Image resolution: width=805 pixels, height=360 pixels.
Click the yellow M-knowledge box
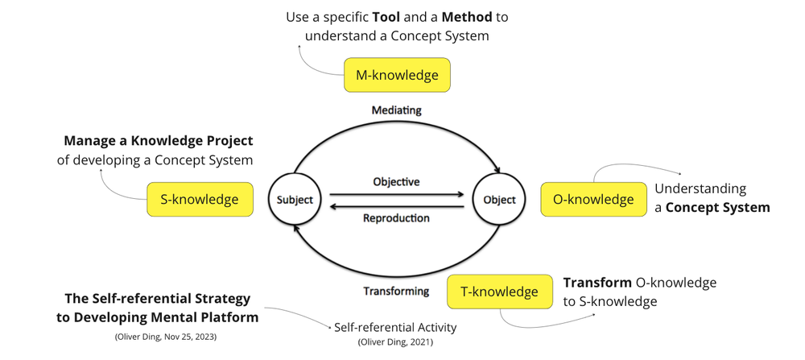coord(397,75)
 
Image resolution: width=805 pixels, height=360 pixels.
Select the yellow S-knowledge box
coord(200,199)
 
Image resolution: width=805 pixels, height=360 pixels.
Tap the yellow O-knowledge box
coord(593,199)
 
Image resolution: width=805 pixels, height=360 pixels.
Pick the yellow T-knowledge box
coord(499,292)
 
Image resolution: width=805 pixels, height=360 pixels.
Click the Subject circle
coord(295,200)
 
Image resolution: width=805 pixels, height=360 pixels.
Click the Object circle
coord(499,200)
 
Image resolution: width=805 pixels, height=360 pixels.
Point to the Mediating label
coord(396,110)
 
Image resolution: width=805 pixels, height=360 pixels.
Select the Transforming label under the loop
coord(395,291)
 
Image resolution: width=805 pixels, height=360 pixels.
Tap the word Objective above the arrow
coord(396,182)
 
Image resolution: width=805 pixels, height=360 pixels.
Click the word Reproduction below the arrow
coord(396,218)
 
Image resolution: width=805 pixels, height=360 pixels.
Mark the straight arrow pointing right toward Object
coord(396,194)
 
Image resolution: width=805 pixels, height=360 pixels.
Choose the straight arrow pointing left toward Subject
coord(396,206)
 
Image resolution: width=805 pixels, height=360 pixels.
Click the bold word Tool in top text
coord(386,17)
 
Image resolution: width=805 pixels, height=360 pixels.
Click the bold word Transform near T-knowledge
coord(597,283)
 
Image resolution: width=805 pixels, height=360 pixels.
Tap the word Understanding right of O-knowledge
coord(700,188)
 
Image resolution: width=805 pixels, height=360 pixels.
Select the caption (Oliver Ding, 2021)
coord(394,342)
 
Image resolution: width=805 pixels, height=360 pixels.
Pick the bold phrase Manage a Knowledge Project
coord(159,141)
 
